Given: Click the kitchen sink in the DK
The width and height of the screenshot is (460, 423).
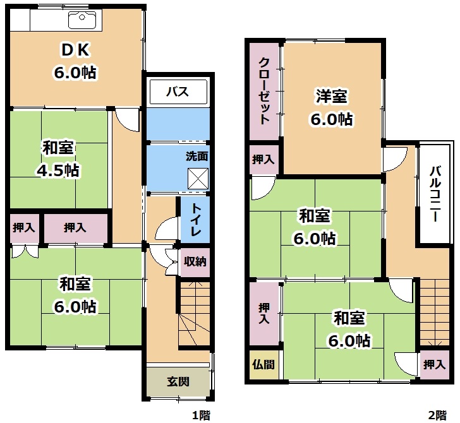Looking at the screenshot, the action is point(82,20).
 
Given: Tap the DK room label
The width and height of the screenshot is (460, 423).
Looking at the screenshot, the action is point(75,49).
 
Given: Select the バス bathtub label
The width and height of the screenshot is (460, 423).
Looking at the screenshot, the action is point(178,92).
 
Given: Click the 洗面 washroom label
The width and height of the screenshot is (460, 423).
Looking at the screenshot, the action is point(197,156).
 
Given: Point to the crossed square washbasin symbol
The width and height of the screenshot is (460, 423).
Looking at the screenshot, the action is point(198,179).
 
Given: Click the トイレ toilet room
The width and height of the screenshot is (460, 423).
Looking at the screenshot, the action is point(195,220).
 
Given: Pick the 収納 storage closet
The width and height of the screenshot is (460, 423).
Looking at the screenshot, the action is point(195,262).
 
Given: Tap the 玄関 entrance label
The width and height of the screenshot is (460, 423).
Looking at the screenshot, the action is point(178,381).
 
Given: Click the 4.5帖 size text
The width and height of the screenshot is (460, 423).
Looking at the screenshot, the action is point(57,170).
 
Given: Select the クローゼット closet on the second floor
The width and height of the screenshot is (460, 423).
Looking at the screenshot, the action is point(263,92).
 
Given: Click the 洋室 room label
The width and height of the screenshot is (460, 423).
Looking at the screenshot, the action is point(332,96).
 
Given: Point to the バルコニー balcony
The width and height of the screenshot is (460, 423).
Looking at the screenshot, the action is point(435,193).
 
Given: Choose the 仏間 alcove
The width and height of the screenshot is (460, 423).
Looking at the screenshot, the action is point(263,365).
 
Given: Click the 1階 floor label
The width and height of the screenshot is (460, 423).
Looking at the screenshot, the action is point(201,415).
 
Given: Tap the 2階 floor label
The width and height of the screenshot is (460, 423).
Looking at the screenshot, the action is point(437,415).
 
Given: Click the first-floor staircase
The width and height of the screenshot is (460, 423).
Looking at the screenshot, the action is point(195,314).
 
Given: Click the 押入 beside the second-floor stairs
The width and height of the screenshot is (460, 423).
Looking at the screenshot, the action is point(435,365).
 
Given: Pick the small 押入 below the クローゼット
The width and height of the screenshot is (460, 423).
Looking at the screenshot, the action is point(263,160).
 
